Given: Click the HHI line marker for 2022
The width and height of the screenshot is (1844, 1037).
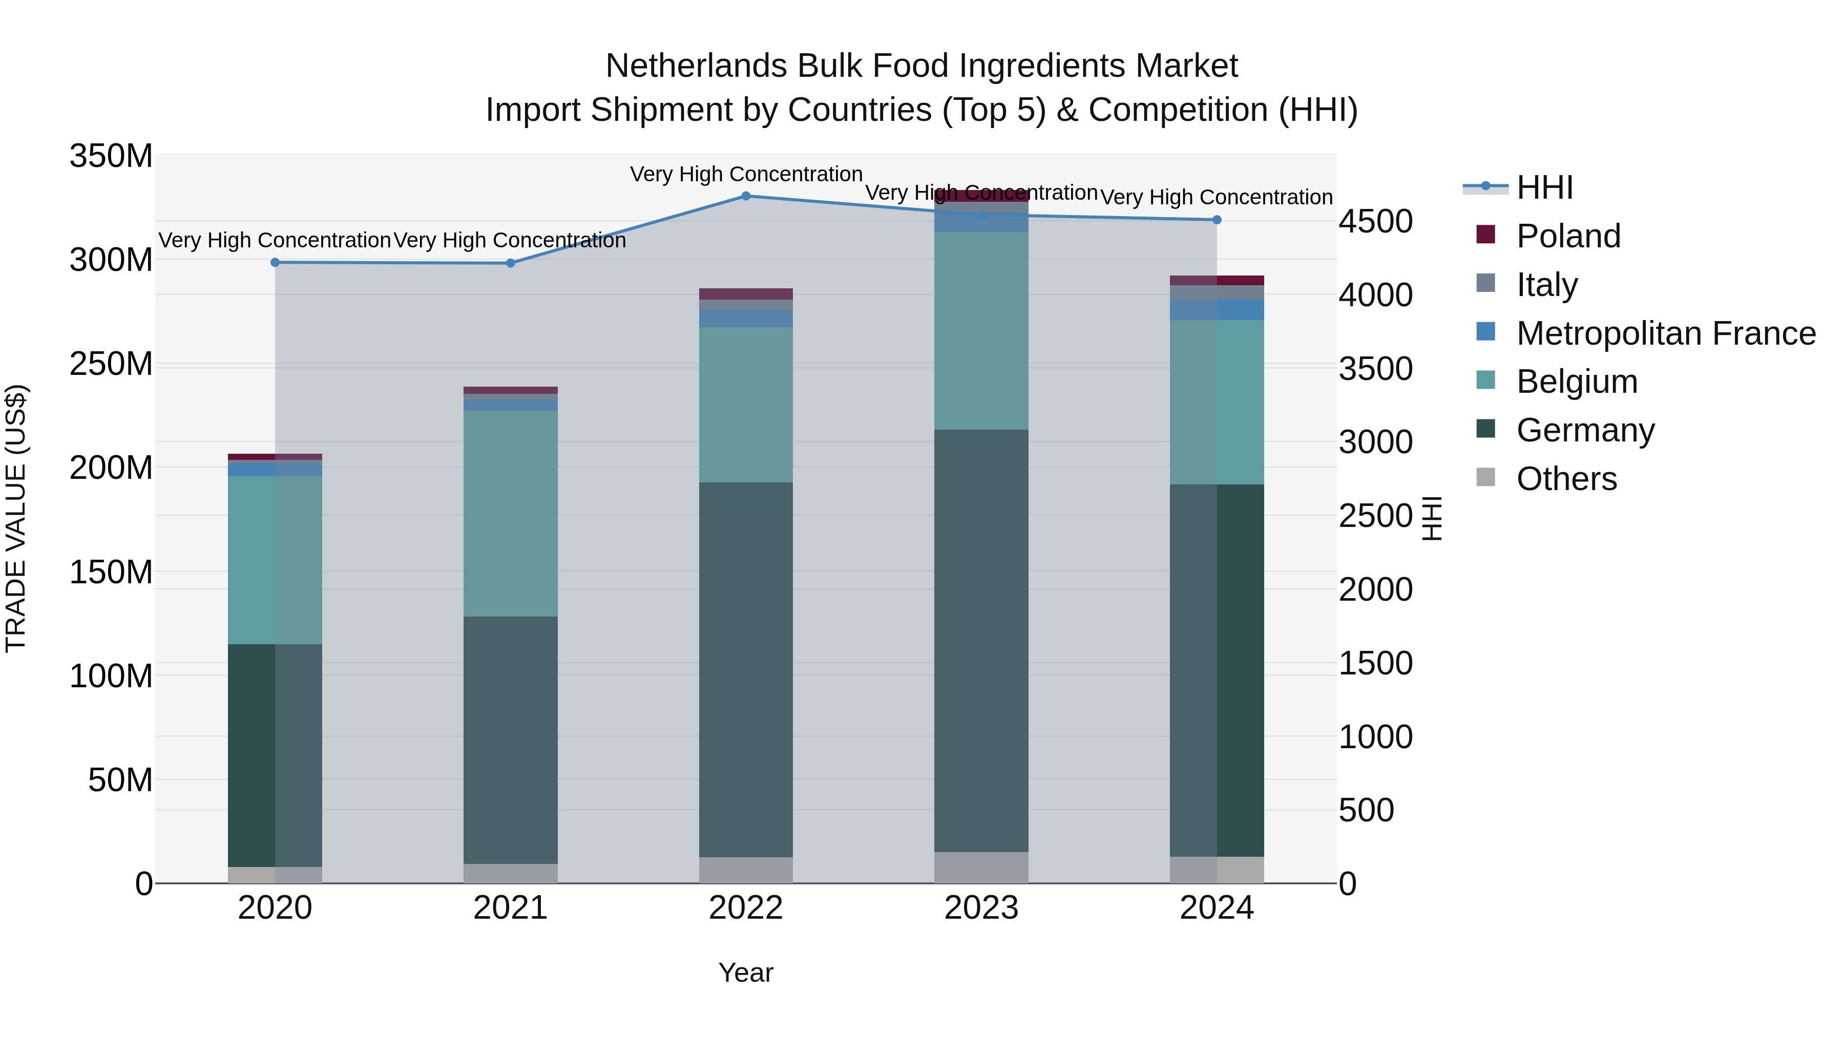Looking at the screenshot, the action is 746,196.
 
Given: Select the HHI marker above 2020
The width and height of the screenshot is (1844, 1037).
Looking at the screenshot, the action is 275,263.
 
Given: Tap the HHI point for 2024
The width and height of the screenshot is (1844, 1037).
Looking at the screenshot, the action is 1217,220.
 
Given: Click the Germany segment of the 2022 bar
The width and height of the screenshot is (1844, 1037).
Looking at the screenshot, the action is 746,669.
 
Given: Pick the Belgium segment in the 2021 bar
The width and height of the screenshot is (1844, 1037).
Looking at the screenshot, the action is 510,513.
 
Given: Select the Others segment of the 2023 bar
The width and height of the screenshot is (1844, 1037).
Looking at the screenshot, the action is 981,867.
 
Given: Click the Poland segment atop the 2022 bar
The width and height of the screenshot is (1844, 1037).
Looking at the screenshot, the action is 746,294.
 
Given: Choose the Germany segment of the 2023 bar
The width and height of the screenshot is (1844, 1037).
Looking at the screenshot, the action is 981,641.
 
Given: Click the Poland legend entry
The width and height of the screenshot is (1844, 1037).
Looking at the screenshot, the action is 1568,236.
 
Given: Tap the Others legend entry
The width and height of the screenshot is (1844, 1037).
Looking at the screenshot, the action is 1566,479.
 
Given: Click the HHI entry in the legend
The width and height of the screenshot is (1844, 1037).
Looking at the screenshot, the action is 1544,187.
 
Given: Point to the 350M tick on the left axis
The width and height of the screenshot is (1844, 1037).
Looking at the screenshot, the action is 111,156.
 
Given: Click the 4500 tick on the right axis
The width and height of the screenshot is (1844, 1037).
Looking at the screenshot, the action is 1375,221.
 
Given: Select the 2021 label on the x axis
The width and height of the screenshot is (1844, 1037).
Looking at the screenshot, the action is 510,908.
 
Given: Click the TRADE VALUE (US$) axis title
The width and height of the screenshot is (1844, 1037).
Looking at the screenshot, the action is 16,518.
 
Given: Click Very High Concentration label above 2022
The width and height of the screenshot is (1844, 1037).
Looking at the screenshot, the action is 746,174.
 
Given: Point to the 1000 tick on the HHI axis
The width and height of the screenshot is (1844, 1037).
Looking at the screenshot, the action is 1375,737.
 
